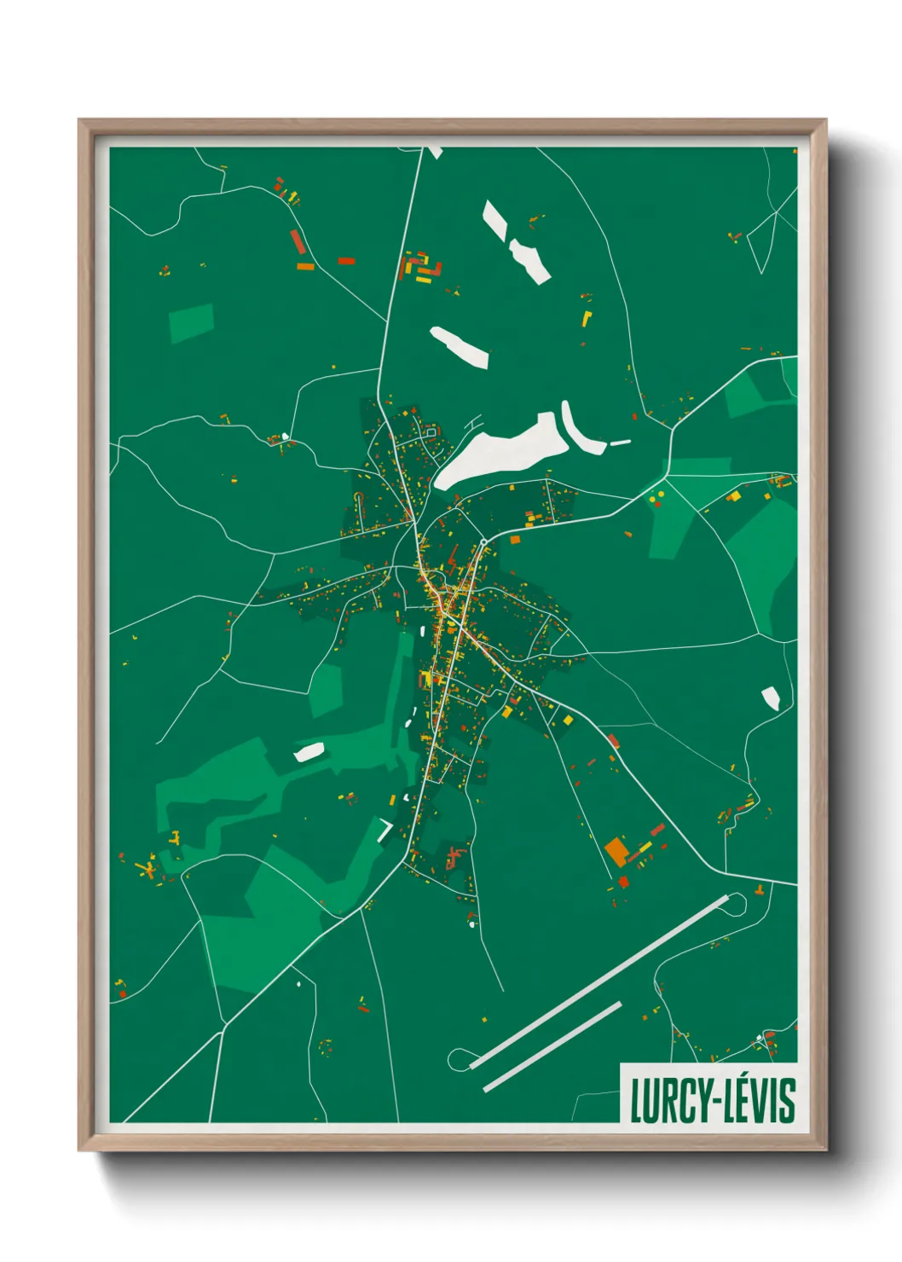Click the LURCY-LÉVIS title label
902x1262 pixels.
pos(712,1100)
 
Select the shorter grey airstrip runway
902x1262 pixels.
pos(552,1046)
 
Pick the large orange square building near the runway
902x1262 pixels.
pos(616,851)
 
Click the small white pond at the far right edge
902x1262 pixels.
pos(771,698)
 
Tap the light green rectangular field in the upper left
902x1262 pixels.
pos(191,322)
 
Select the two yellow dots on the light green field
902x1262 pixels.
pos(656,497)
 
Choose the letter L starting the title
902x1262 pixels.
pos(637,1101)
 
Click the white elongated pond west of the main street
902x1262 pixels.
pos(309,752)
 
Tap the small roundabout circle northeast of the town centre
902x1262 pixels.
pos(483,542)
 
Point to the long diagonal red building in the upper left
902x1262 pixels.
pos(297,241)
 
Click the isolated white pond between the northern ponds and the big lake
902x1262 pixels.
pos(460,346)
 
